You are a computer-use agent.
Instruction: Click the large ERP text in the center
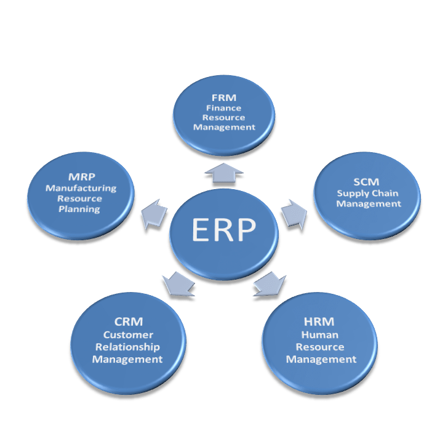click(223, 230)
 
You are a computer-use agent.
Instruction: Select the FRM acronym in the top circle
click(224, 97)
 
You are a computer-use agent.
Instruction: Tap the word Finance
click(224, 107)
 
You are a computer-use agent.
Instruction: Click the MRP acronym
click(81, 177)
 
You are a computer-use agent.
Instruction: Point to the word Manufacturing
click(81, 188)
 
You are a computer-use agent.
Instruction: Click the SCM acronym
click(367, 182)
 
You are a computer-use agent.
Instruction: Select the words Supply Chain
click(367, 193)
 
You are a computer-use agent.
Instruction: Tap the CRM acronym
click(128, 322)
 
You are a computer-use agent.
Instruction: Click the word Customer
click(128, 335)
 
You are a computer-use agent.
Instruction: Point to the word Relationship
click(127, 347)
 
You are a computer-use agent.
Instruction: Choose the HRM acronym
click(320, 322)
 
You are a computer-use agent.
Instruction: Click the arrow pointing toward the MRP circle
click(153, 213)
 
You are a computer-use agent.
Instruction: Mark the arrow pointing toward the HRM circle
click(270, 283)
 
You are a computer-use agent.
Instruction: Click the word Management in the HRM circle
click(321, 359)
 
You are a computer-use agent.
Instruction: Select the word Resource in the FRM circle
click(225, 117)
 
